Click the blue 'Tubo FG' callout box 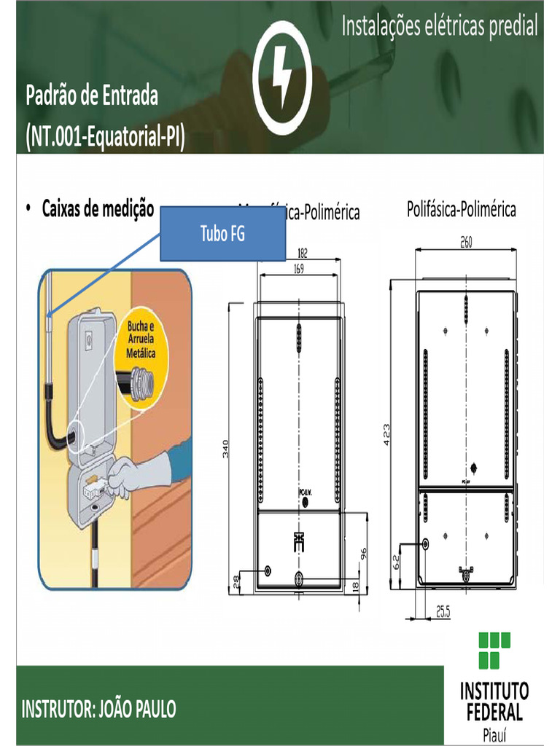pyautogui.click(x=222, y=234)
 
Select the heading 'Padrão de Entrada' pyautogui.click(x=92, y=95)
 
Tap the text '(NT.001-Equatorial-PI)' pyautogui.click(x=104, y=136)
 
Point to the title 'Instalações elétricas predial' pyautogui.click(x=440, y=27)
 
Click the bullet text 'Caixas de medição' pyautogui.click(x=98, y=209)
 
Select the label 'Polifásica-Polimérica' pyautogui.click(x=461, y=210)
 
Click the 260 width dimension pyautogui.click(x=466, y=243)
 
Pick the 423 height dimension pyautogui.click(x=387, y=435)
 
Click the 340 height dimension pyautogui.click(x=226, y=450)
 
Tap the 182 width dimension pyautogui.click(x=303, y=254)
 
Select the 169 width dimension pyautogui.click(x=299, y=269)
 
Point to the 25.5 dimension pyautogui.click(x=443, y=613)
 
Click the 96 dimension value pyautogui.click(x=364, y=554)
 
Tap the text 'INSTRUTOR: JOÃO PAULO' pyautogui.click(x=99, y=709)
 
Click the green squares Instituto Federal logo pyautogui.click(x=494, y=650)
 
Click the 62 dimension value pyautogui.click(x=397, y=562)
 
